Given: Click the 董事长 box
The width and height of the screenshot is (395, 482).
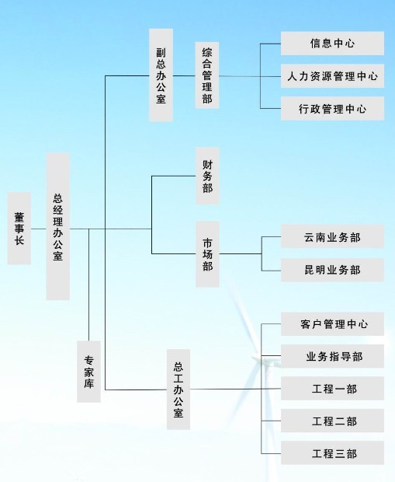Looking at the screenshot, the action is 19,229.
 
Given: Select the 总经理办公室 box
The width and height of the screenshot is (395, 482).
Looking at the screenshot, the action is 58,226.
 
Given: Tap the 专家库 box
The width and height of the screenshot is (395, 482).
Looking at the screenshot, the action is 88,372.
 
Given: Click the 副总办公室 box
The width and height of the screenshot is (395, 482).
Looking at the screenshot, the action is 161,75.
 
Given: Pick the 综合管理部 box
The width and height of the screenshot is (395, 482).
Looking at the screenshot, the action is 207,75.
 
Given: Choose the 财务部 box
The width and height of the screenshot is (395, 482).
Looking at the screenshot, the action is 207,176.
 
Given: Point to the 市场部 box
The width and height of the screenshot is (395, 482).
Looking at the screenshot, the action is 207,254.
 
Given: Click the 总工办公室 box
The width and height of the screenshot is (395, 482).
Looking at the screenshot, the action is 178,389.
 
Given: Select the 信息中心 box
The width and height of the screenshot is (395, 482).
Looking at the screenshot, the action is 332,44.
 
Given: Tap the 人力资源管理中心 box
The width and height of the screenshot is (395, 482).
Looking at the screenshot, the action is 332,76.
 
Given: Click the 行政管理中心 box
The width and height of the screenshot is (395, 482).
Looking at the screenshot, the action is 332,108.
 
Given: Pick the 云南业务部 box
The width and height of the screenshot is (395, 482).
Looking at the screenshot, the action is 332,236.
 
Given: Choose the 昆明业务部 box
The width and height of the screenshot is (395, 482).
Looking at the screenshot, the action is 332,270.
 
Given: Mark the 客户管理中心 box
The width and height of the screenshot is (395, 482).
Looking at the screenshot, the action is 332,323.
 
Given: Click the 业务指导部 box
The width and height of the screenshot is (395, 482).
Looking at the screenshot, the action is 332,356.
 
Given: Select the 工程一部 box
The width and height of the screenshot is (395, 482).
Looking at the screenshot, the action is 332,388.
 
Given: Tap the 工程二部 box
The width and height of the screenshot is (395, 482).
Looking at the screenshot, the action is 332,421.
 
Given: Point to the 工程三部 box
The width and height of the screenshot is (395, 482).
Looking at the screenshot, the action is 332,452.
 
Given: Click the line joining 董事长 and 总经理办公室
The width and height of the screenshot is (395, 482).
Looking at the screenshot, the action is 39,229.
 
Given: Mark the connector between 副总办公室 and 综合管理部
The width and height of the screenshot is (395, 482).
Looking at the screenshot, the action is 184,75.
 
